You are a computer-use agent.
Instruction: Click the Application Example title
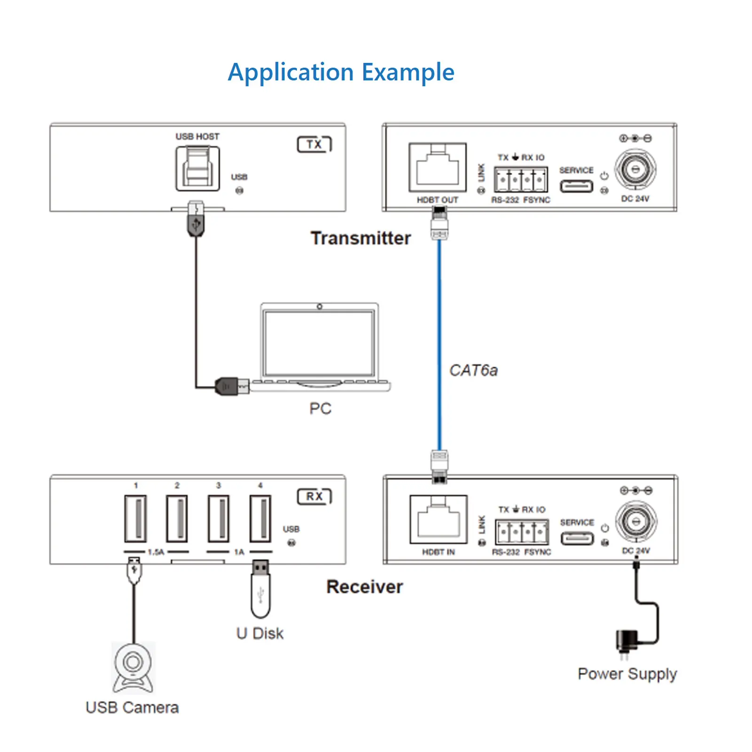point(341,72)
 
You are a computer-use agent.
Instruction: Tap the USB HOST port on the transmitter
point(197,168)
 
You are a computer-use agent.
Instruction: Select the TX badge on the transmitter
point(314,144)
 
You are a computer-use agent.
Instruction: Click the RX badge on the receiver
point(314,496)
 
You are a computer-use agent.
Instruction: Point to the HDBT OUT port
point(438,167)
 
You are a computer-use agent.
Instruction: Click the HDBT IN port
point(439,519)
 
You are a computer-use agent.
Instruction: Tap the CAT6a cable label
point(473,370)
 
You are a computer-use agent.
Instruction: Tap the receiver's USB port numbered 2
point(177,518)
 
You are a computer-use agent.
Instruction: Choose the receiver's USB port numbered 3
point(219,518)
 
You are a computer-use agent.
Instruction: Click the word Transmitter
point(360,238)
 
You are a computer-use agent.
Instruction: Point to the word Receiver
point(365,587)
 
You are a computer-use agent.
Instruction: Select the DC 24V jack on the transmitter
point(635,168)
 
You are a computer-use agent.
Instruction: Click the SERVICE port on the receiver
point(577,538)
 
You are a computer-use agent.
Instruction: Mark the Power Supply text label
point(627,674)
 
